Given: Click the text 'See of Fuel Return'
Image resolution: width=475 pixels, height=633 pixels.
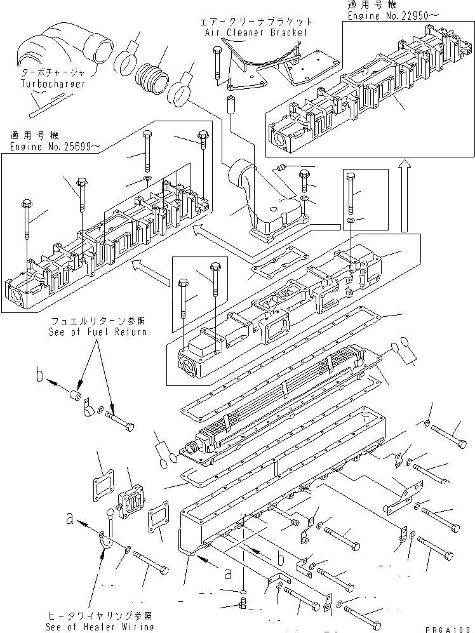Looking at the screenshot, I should [97, 331].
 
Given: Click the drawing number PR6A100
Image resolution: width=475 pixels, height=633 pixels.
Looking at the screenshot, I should [452, 627].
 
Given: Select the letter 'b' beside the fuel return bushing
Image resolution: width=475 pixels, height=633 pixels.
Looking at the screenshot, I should [40, 376].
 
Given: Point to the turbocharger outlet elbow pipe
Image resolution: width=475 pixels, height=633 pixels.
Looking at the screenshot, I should [70, 44].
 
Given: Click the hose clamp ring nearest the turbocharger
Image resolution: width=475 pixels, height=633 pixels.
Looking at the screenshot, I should [126, 62].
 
